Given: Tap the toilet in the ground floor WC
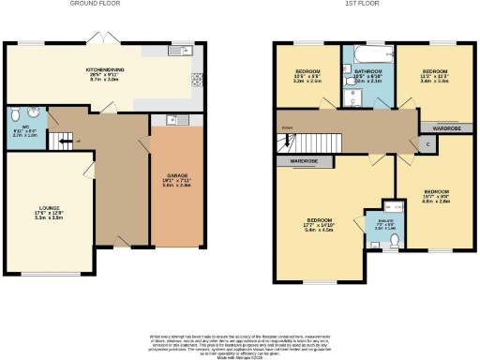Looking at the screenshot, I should coord(15,117).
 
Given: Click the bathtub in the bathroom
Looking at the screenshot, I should coord(367,51).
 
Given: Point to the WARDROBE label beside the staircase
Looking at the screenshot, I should coord(302,160).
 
